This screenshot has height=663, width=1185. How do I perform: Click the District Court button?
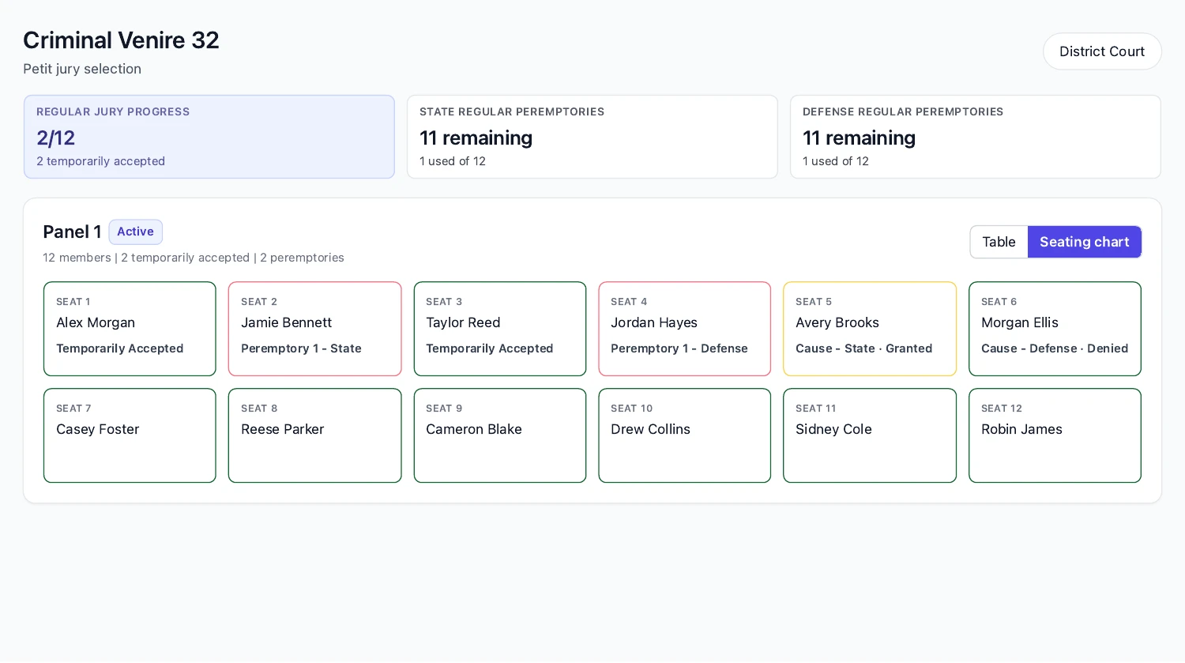tap(1102, 51)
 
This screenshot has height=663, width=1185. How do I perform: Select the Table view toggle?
tap(999, 242)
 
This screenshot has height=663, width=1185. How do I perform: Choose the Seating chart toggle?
tap(1085, 242)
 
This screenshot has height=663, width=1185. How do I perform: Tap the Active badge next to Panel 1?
tap(135, 232)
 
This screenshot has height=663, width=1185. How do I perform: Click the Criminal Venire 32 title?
tap(121, 40)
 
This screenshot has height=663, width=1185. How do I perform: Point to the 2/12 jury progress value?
tap(55, 138)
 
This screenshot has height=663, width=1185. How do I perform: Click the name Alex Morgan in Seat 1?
tap(96, 322)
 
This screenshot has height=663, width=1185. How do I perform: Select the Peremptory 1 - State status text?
tap(301, 348)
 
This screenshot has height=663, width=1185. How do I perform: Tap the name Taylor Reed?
tap(463, 322)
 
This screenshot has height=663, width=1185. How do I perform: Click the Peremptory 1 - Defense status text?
tap(679, 348)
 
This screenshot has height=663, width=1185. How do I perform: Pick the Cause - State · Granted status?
tap(864, 348)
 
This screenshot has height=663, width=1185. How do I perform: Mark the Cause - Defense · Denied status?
tap(1055, 348)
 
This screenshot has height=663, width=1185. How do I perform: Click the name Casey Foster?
tap(98, 429)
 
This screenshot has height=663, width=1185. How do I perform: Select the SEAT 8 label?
tap(259, 409)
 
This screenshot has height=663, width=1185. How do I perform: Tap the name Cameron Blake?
tap(474, 429)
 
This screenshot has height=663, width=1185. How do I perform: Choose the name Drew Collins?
tap(651, 429)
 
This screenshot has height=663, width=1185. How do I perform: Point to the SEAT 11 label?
tap(816, 409)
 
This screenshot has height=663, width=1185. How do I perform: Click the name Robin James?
tap(1021, 429)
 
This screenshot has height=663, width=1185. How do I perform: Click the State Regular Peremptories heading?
tap(512, 111)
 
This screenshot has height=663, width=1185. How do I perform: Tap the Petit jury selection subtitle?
tap(82, 69)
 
